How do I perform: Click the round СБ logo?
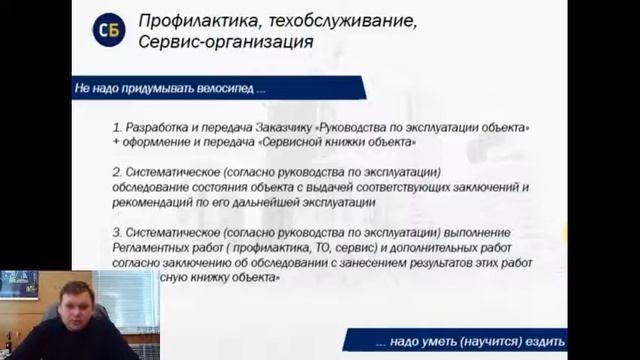[109, 31]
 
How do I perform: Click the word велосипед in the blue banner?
[222, 88]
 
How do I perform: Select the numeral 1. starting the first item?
[117, 130]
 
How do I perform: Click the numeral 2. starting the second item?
[117, 173]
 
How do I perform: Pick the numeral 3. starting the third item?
[117, 231]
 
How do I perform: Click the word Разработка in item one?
[155, 130]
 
